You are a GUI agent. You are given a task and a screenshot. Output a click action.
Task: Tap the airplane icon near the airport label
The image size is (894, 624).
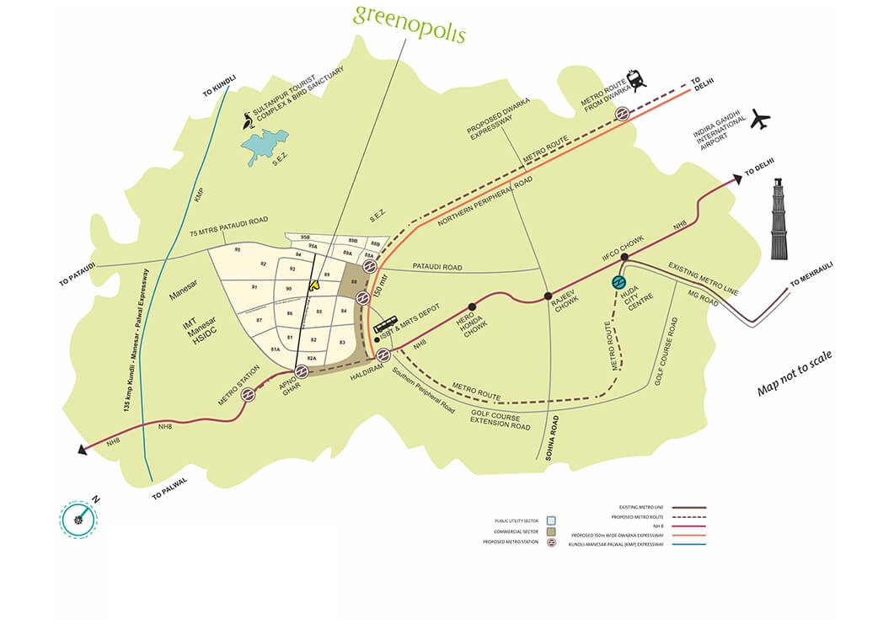point(760,119)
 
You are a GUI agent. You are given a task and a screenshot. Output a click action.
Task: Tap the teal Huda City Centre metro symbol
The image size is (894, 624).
point(618,282)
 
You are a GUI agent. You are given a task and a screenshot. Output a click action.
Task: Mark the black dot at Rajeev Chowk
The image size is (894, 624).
point(548,296)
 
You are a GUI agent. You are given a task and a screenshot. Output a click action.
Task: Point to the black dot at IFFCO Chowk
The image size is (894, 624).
point(624,257)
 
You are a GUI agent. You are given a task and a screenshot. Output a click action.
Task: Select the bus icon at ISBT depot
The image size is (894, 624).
point(385,325)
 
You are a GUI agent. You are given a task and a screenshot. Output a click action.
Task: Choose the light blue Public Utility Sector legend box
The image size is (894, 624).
point(551,520)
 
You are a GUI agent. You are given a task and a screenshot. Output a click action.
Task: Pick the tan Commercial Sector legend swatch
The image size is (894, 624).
point(551,532)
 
